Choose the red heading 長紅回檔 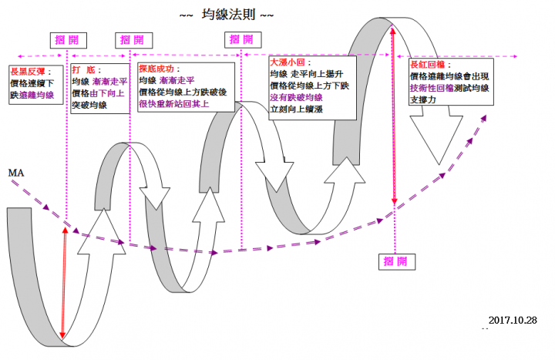pos(430,66)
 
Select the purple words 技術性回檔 pos(432,88)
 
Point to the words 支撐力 pos(423,99)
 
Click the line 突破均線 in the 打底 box pos(89,104)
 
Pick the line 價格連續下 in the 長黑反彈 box pos(32,82)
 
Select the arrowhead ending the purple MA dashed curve pos(485,118)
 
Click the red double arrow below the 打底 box pos(64,282)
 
